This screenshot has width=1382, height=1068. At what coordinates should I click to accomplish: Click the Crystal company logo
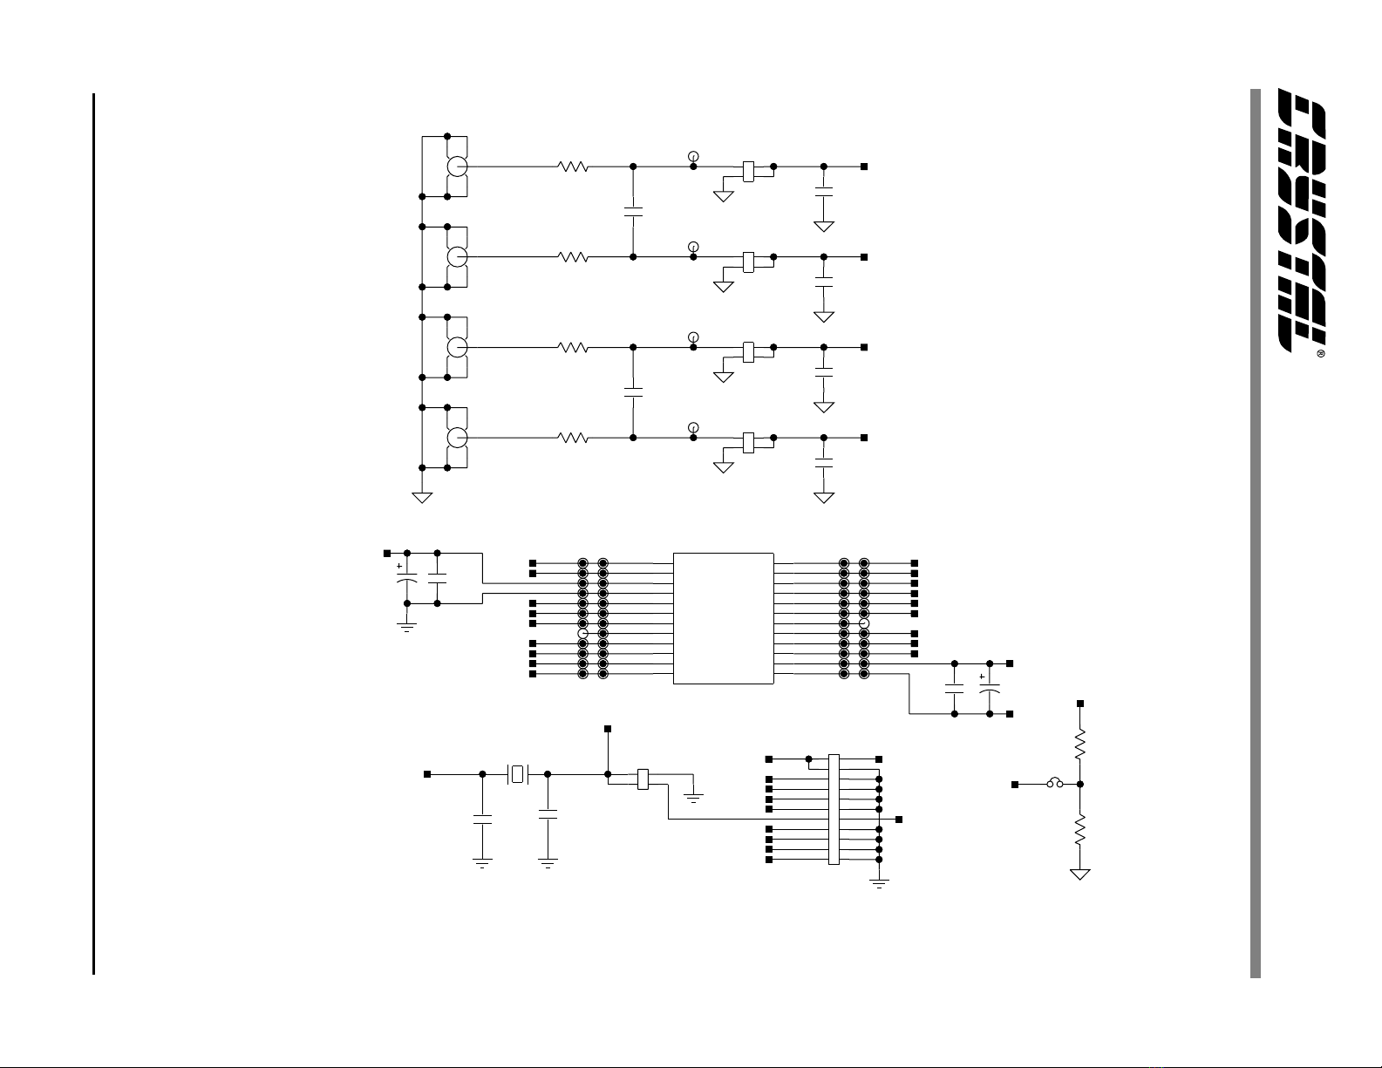[x=1302, y=220]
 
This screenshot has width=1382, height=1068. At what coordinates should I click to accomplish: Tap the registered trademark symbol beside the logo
[x=1320, y=354]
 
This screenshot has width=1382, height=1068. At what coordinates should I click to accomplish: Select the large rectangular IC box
[x=723, y=618]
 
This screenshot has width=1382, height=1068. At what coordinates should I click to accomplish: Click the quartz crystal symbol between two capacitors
[x=518, y=774]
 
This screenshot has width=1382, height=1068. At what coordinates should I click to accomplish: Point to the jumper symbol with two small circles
[x=1055, y=784]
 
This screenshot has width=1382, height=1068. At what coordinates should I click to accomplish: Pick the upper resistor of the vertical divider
[x=1080, y=744]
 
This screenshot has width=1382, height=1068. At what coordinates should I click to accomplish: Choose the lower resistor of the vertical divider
[x=1080, y=830]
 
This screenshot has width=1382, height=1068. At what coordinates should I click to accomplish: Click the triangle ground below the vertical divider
[x=1080, y=874]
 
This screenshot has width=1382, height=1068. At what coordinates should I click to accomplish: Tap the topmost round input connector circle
[x=457, y=167]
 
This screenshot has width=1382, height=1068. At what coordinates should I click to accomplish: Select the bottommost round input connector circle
[x=457, y=438]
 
